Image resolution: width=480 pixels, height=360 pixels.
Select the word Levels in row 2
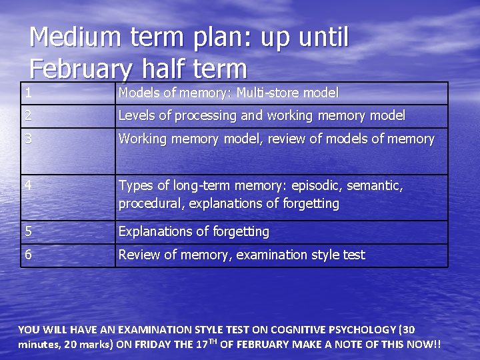pyautogui.click(x=137, y=115)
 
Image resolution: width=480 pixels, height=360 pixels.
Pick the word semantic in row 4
pyautogui.click(x=375, y=185)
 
